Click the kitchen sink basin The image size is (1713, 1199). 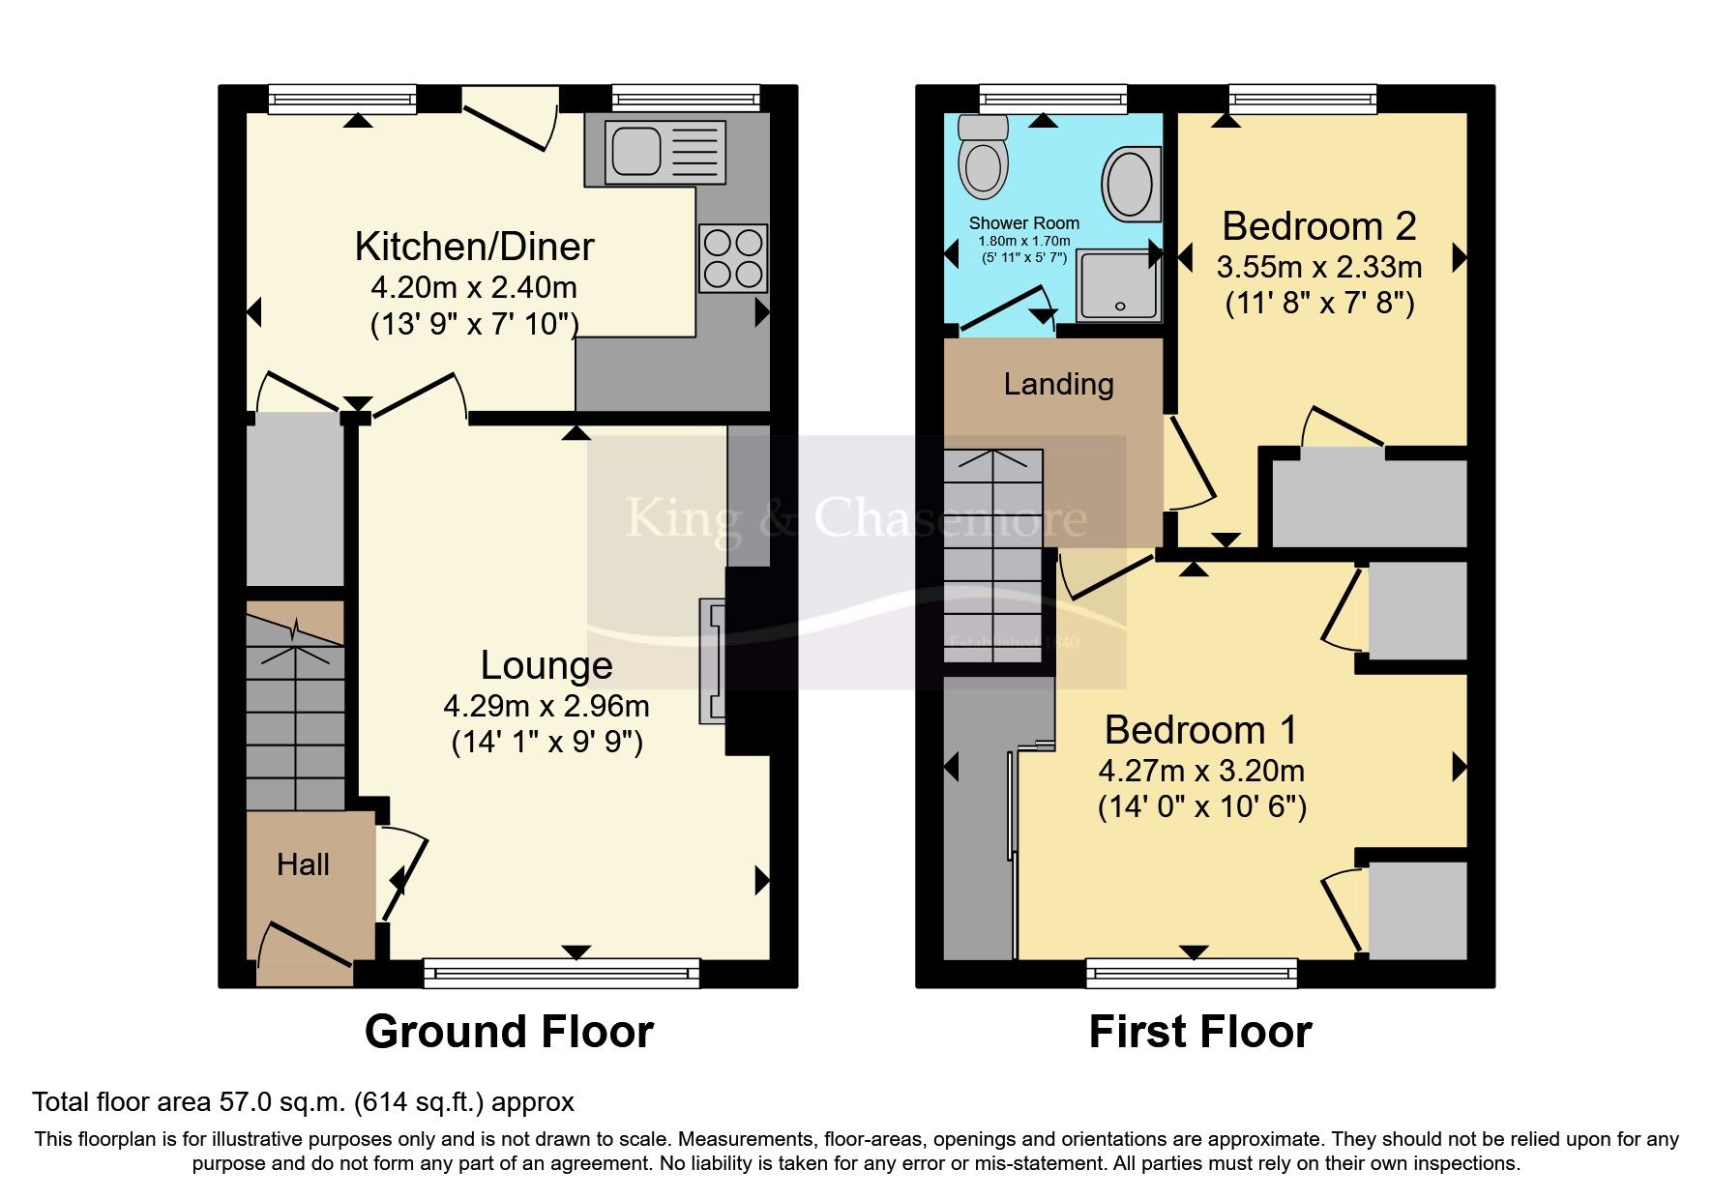click(635, 152)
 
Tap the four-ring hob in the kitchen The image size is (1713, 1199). click(733, 258)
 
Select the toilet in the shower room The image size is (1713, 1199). click(984, 160)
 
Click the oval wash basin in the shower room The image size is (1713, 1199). click(1129, 183)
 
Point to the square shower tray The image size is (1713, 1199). click(1118, 285)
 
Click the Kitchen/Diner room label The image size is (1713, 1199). click(474, 247)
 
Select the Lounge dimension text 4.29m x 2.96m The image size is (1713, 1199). click(546, 706)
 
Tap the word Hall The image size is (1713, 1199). click(303, 864)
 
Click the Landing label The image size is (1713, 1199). click(1058, 384)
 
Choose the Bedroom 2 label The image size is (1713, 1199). click(1319, 226)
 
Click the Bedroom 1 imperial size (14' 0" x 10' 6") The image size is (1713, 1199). click(1201, 806)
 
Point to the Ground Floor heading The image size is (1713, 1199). click(509, 1032)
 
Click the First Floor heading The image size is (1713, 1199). click(1199, 1032)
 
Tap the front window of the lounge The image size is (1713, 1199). click(561, 973)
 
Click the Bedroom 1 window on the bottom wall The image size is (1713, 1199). click(1192, 973)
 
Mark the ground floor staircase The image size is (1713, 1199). click(295, 716)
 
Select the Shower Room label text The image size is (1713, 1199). click(1023, 223)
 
